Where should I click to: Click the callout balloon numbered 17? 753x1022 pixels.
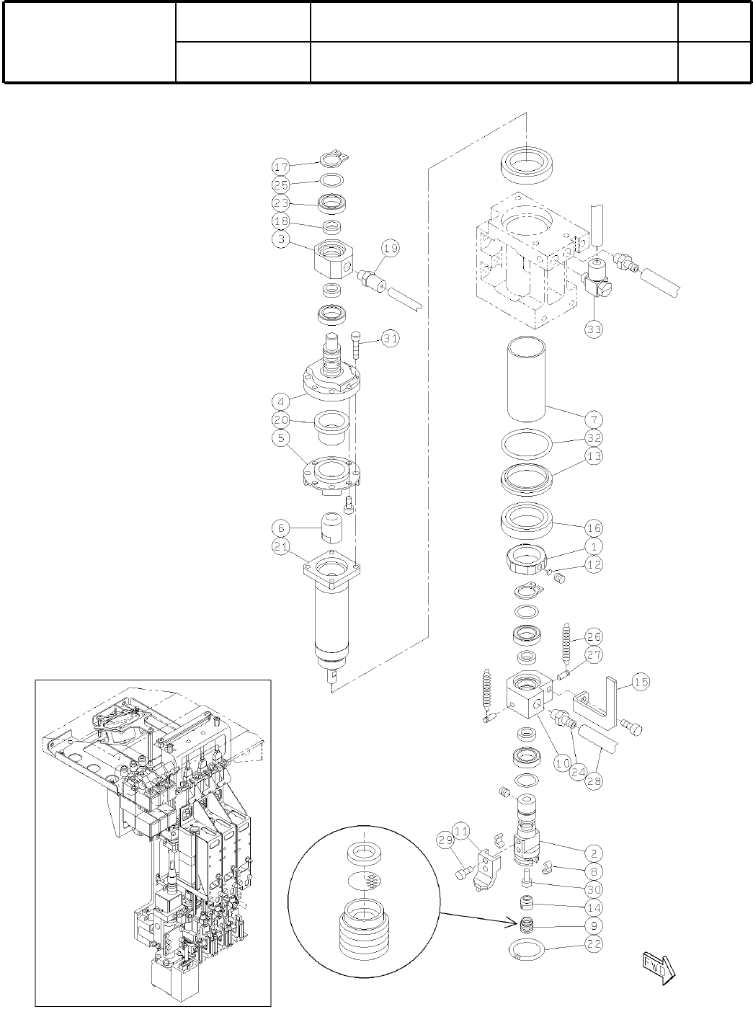pyautogui.click(x=281, y=166)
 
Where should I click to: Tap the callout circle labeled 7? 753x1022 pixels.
pyautogui.click(x=594, y=419)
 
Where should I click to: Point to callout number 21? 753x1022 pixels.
pyautogui.click(x=281, y=548)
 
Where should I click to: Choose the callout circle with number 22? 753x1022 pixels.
pyautogui.click(x=594, y=943)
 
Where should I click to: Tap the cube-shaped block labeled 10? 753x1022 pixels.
pyautogui.click(x=533, y=693)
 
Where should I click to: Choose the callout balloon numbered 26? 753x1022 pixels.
pyautogui.click(x=594, y=637)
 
